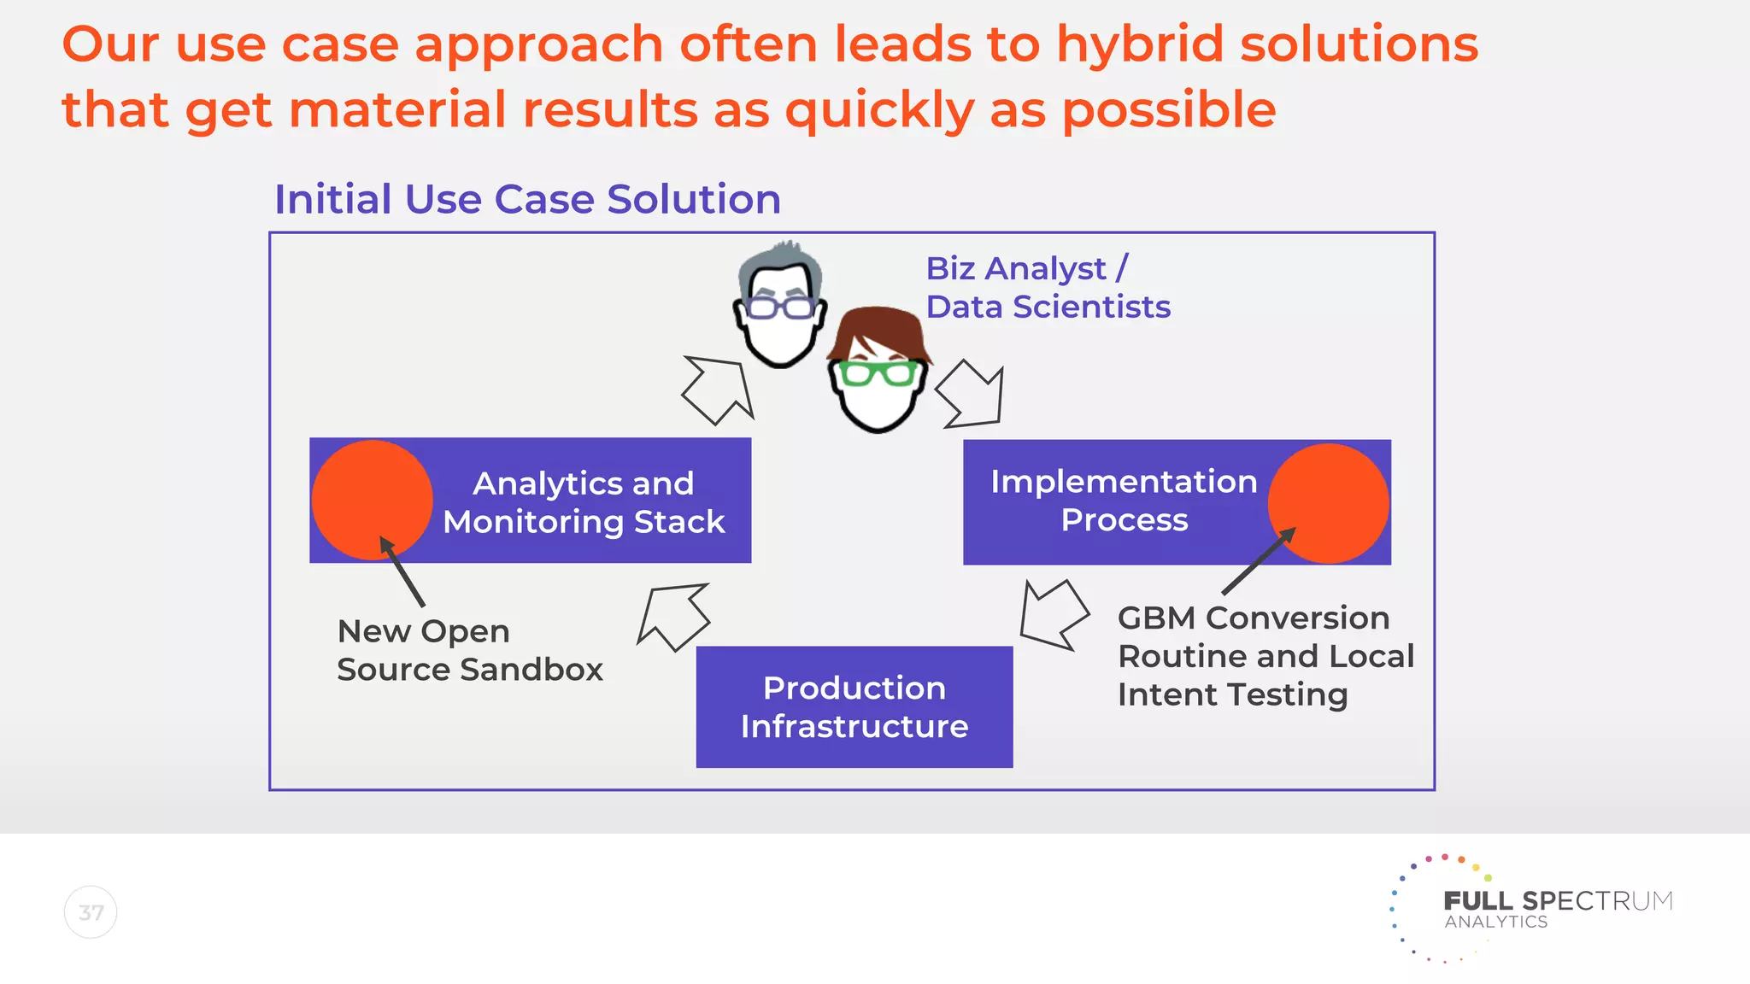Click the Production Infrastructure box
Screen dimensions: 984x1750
854,706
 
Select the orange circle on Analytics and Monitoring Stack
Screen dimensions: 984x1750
372,500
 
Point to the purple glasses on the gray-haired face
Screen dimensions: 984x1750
778,307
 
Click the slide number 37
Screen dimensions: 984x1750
91,912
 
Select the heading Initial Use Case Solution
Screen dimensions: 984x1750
527,199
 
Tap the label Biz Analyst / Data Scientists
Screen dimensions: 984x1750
1047,288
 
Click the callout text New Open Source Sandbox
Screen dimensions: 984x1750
468,650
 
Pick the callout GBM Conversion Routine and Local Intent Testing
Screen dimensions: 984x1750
1265,656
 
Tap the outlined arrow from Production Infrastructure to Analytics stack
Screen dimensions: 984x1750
675,616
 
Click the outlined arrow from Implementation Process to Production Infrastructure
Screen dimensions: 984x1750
1053,614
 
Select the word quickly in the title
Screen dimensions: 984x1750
879,111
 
